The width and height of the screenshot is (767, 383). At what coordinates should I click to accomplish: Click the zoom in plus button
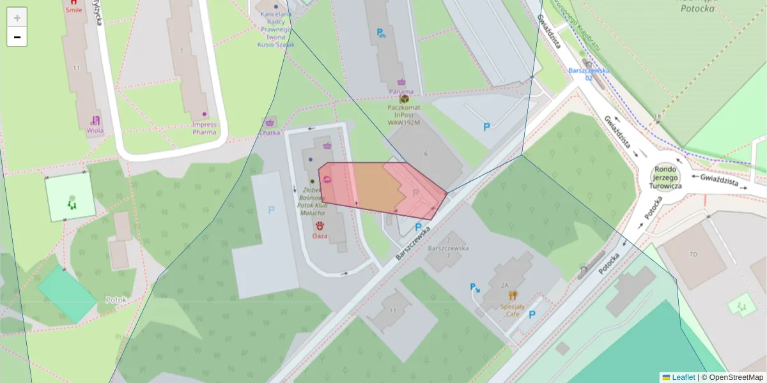point(17,17)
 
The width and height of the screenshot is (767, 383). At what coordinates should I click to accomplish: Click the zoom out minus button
point(17,37)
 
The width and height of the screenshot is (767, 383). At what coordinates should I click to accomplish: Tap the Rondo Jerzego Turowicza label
point(665,177)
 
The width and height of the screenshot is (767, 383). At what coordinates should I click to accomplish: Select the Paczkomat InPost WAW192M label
point(403,114)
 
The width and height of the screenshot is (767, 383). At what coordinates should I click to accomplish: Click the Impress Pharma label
point(205,128)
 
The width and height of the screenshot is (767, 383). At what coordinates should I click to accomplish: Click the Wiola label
point(95,130)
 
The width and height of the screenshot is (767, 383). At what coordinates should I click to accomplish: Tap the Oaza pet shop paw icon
point(320,225)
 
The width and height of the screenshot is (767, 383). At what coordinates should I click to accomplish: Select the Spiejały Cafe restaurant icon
point(513,295)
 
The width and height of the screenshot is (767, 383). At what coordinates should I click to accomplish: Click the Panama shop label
point(401,91)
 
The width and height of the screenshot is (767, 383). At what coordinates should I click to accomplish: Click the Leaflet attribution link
point(683,377)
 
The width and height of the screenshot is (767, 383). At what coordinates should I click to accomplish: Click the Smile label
point(74,11)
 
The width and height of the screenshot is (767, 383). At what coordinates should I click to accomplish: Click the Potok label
point(117,299)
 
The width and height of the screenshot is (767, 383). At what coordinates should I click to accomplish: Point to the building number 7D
point(693,255)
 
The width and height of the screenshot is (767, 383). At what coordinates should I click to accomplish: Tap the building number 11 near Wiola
point(77,68)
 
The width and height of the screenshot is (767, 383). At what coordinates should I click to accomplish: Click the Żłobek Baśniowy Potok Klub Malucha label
point(313,201)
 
